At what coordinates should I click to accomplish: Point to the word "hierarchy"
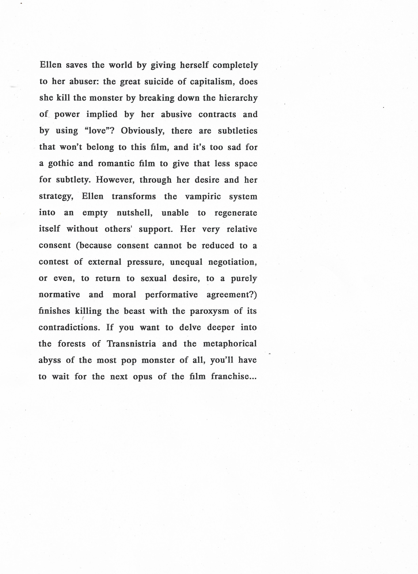coord(238,98)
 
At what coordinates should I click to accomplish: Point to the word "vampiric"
coord(203,196)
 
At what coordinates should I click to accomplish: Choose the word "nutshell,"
coord(135,213)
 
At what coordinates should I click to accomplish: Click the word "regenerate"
coord(236,213)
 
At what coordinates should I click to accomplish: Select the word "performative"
coord(171,295)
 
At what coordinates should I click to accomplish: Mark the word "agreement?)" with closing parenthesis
coord(232,295)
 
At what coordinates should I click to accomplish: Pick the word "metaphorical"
coord(230,344)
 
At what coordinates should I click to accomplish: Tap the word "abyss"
coord(50,360)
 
